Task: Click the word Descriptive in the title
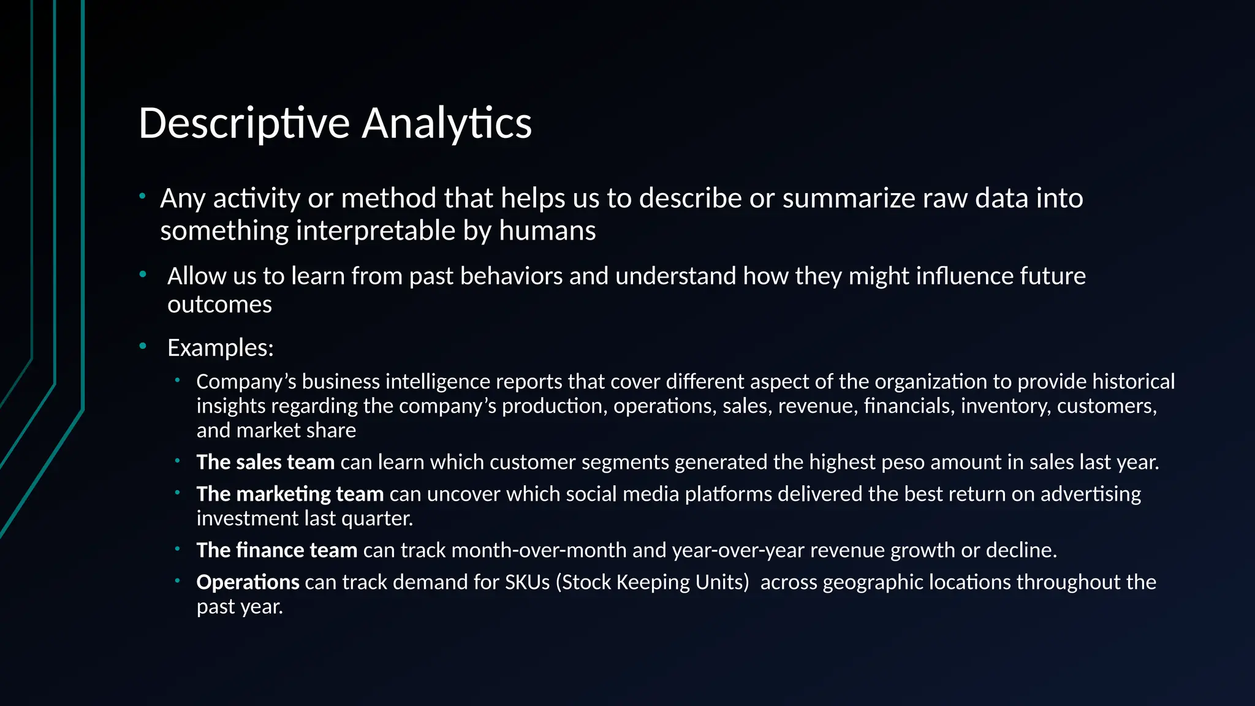tap(244, 124)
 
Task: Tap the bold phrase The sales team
tap(265, 462)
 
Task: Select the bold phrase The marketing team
tap(290, 494)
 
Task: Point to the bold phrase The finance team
tap(277, 550)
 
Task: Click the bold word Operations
tap(248, 582)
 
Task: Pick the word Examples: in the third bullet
tap(221, 348)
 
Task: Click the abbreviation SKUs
tap(527, 582)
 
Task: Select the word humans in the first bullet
tap(547, 231)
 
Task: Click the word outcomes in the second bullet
tap(219, 305)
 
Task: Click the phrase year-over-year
tap(738, 550)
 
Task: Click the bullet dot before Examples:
tap(143, 347)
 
